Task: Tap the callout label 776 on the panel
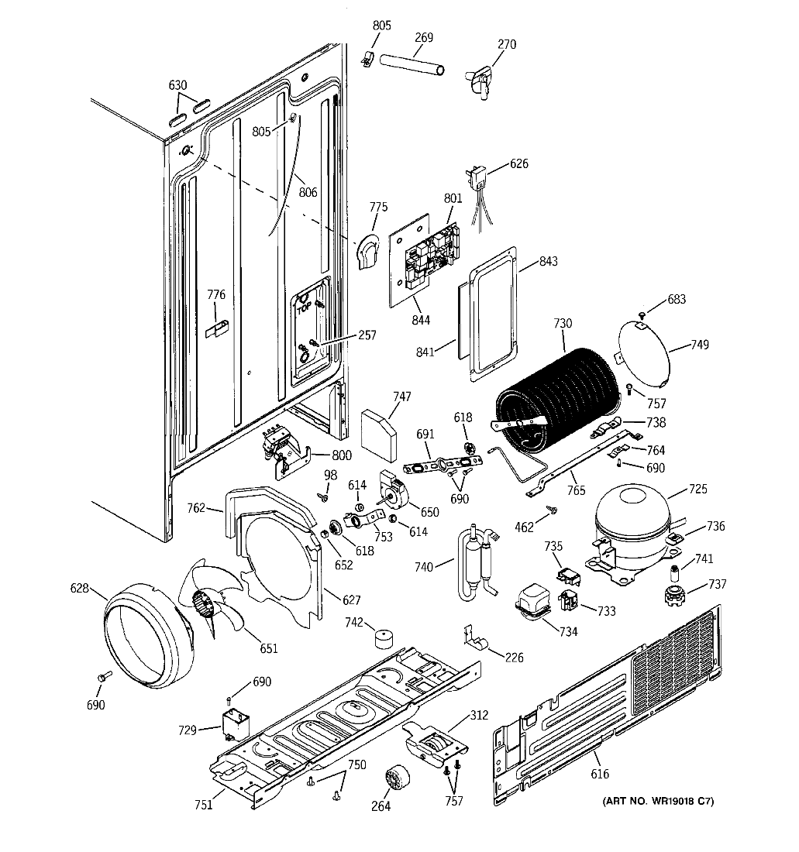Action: [216, 294]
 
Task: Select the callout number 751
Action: [203, 805]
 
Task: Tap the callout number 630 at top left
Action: [177, 84]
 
